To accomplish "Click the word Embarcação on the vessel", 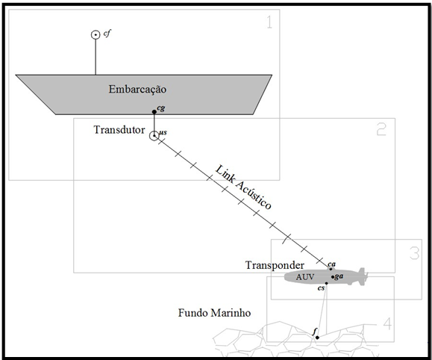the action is click(x=137, y=90).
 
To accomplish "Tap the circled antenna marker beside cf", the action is click(x=96, y=35).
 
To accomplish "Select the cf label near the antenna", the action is click(x=107, y=34).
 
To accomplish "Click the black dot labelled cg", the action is click(x=154, y=112).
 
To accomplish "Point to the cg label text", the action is click(x=161, y=108).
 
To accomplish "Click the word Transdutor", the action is click(x=119, y=130).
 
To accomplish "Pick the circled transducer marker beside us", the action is click(x=154, y=136).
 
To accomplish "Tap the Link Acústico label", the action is click(x=243, y=187).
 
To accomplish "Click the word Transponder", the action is click(x=275, y=265).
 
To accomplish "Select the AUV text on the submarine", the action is click(x=305, y=276).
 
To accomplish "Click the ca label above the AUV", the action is click(x=332, y=264).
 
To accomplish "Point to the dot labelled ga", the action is click(x=333, y=277).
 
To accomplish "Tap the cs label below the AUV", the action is click(x=322, y=288).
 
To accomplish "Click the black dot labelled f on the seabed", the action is click(x=317, y=338).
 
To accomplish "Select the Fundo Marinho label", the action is click(x=214, y=313).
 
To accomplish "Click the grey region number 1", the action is click(x=270, y=22).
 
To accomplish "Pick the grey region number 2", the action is click(x=381, y=128).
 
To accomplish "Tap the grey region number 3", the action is click(x=415, y=253).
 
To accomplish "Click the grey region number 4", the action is click(x=388, y=324).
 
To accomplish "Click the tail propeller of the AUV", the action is click(x=363, y=276).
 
